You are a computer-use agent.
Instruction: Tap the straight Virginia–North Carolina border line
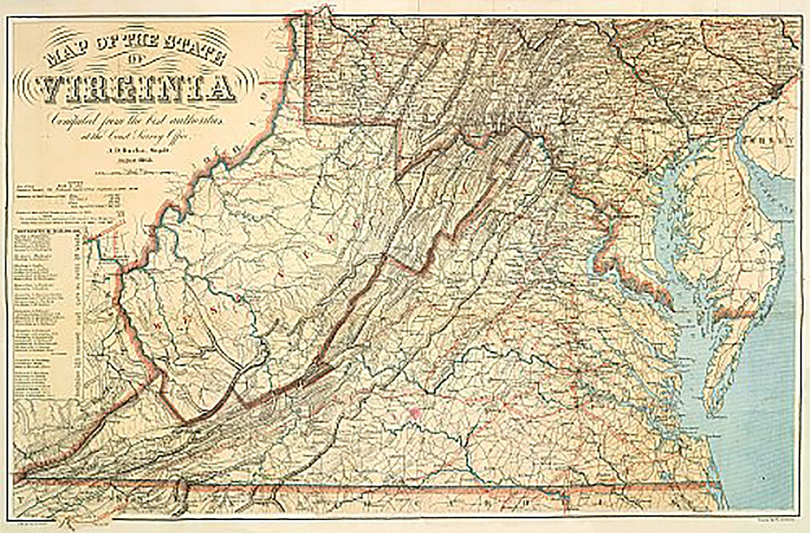[x=454, y=486]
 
